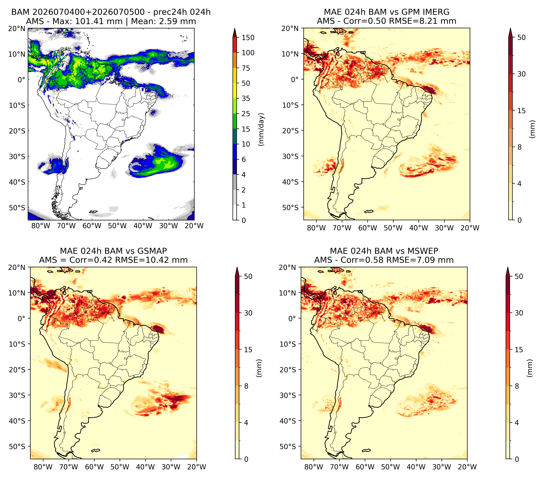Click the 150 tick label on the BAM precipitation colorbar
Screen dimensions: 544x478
(248, 38)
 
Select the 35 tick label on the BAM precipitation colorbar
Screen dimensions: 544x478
(246, 98)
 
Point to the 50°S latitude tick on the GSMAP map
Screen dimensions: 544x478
(17, 446)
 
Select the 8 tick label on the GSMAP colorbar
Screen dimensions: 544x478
(246, 386)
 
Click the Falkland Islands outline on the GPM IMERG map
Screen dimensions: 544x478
(369, 211)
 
